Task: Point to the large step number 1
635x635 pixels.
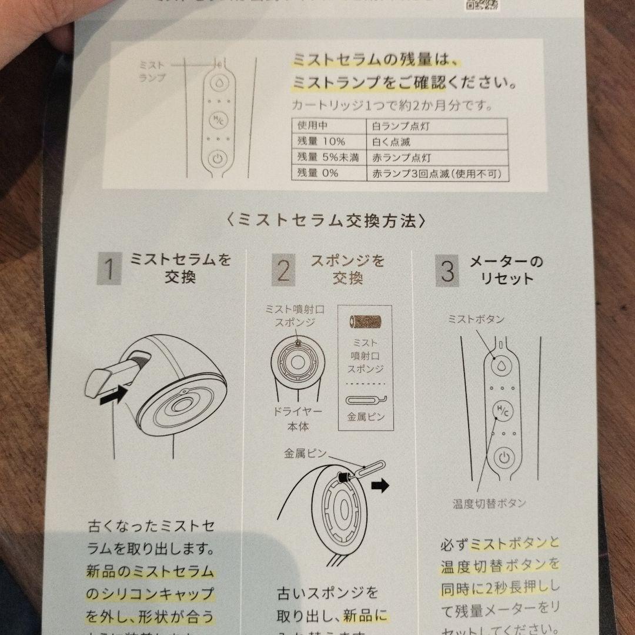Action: (109, 270)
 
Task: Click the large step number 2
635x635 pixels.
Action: (283, 270)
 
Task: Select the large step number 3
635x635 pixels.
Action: (448, 272)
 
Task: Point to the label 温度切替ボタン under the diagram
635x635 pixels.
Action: (489, 503)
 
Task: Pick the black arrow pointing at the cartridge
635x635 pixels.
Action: (113, 397)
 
